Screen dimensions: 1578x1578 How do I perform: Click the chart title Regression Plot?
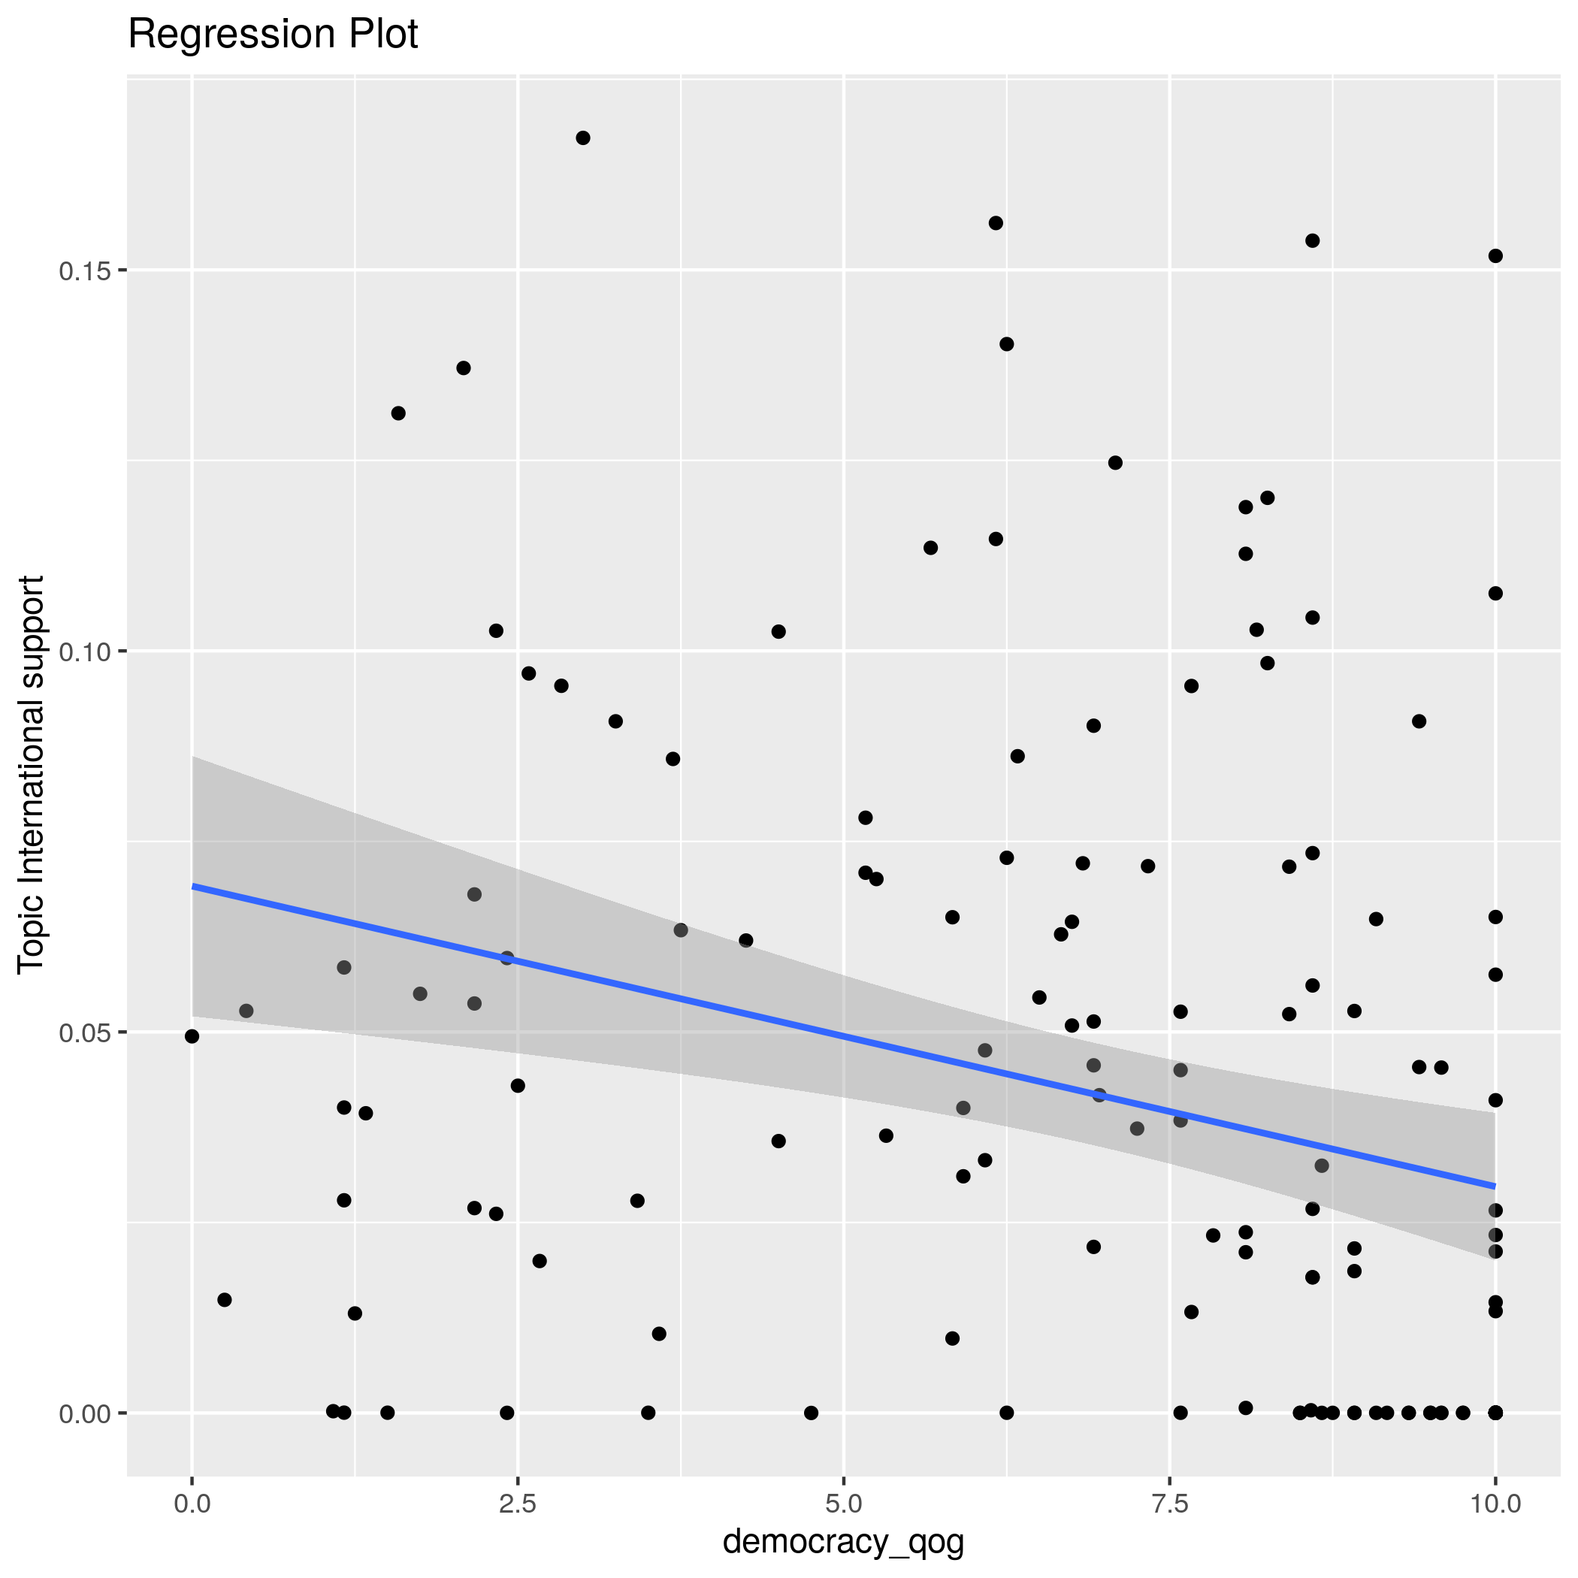[273, 35]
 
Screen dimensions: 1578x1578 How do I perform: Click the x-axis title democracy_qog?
[843, 1541]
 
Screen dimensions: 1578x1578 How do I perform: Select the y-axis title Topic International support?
[31, 773]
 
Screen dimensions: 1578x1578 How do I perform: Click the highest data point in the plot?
[582, 138]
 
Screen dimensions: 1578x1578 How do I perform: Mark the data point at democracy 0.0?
[192, 1036]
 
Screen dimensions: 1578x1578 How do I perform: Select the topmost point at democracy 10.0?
[1495, 255]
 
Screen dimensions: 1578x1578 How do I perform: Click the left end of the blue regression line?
[193, 886]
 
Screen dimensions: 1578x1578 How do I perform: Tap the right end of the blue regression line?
[1494, 1185]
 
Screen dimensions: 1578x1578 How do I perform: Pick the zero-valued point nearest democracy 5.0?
[810, 1413]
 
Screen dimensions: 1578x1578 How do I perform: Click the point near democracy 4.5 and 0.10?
[778, 631]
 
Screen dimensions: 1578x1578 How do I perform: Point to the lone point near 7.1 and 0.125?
[1115, 463]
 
